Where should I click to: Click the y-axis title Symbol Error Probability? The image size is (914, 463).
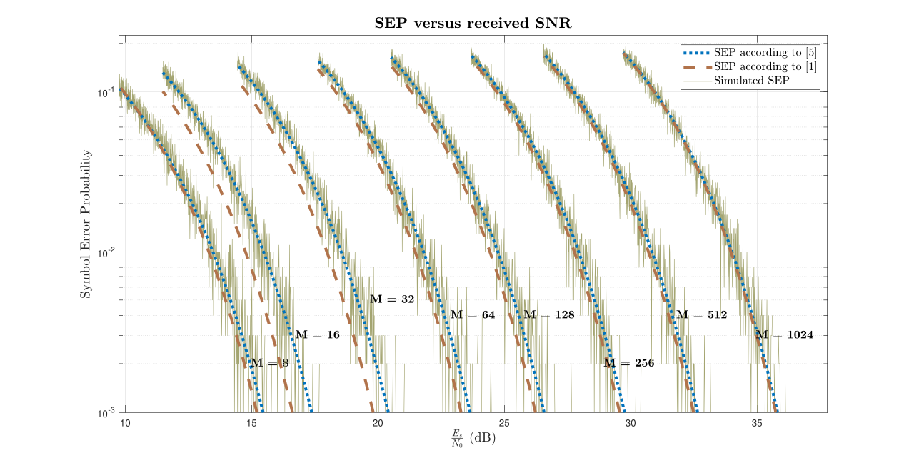(x=85, y=224)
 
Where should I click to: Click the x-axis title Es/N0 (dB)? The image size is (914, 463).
(x=473, y=438)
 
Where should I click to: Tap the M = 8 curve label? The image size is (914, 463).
(x=269, y=363)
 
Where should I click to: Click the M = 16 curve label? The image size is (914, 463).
(x=317, y=334)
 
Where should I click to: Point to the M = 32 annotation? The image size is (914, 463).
(x=392, y=299)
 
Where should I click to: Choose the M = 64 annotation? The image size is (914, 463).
(x=472, y=314)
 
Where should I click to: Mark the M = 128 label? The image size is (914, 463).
(x=548, y=314)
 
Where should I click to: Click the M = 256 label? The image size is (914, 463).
(x=628, y=363)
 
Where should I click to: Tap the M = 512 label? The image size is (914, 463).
(x=701, y=314)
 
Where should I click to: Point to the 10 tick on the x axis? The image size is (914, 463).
(x=125, y=423)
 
